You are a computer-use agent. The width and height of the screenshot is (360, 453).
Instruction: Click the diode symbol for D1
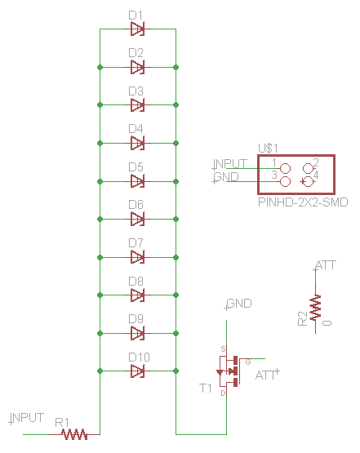137,29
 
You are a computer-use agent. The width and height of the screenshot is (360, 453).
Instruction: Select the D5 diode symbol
137,181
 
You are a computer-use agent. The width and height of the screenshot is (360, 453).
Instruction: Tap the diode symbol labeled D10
137,371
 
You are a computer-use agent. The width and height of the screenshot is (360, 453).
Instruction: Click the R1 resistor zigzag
74,434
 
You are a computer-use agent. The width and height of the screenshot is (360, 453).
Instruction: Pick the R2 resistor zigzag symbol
315,308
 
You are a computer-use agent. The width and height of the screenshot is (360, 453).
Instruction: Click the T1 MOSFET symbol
229,371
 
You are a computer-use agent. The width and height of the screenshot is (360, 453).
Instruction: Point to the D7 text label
136,243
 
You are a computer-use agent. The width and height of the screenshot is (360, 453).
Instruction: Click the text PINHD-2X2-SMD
303,202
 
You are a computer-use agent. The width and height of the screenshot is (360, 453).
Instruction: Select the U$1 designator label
268,149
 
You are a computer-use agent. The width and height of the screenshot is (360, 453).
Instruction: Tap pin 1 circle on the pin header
285,168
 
